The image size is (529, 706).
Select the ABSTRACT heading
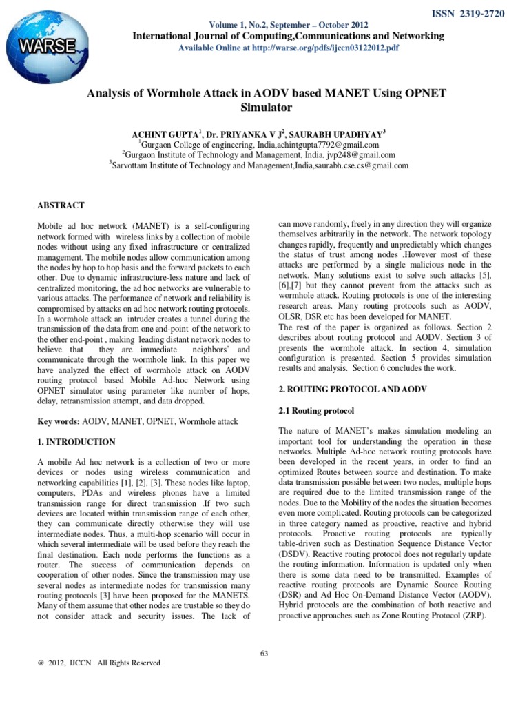61,205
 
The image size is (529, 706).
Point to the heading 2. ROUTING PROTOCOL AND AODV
353,390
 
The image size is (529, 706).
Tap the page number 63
264,653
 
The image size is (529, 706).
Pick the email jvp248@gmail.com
362,156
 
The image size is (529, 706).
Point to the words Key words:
58,421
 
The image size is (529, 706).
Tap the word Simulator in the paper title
265,108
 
